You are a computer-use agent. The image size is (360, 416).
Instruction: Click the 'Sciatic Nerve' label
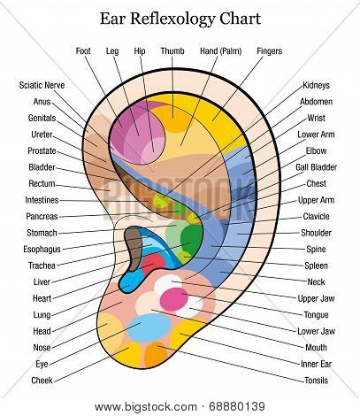(x=42, y=85)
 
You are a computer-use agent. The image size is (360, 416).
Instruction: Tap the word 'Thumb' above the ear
(x=172, y=51)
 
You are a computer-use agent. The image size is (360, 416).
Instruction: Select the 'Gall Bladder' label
(x=316, y=167)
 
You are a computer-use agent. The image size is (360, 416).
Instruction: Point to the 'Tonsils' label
(x=316, y=381)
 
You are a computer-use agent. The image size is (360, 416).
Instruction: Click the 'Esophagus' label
(x=42, y=249)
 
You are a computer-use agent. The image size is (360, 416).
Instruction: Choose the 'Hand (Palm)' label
(x=220, y=51)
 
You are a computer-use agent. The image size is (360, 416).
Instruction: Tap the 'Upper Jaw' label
(x=316, y=298)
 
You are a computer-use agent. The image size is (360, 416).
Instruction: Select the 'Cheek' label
(x=42, y=381)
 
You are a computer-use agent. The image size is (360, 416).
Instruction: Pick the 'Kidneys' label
(x=316, y=85)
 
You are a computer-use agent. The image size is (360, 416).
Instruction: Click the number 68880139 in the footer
(x=237, y=407)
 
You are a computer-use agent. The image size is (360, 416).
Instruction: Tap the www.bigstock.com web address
(x=146, y=407)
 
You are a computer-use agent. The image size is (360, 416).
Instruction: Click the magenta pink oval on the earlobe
(x=174, y=299)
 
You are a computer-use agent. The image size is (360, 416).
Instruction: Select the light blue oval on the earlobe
(x=149, y=327)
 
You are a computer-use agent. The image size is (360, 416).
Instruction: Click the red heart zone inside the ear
(x=154, y=264)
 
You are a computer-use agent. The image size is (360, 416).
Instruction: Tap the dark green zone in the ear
(x=192, y=239)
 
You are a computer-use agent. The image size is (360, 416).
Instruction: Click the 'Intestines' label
(x=42, y=200)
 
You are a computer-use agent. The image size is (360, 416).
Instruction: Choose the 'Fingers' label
(x=269, y=51)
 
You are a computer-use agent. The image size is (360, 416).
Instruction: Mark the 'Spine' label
(x=316, y=249)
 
